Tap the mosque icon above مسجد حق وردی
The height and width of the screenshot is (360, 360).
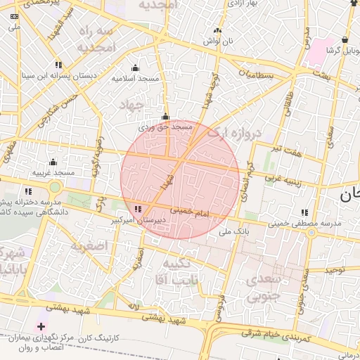[165, 117]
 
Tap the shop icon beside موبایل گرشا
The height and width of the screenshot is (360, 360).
[344, 40]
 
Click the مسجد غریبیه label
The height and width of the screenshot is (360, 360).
[53, 172]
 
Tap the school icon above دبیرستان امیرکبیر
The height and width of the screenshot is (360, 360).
[139, 209]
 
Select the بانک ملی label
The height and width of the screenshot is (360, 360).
[235, 231]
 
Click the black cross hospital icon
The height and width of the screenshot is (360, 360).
[41, 326]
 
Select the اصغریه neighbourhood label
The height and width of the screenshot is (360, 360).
[87, 246]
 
